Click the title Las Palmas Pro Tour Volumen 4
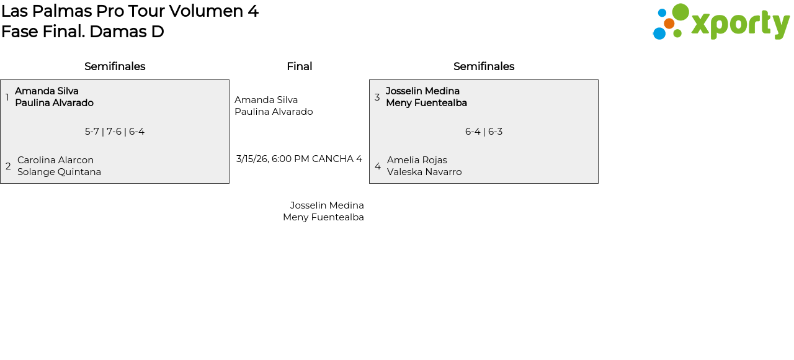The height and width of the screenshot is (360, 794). tap(130, 11)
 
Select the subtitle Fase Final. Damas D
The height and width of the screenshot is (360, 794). tap(83, 32)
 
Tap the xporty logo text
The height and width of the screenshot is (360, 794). tap(739, 24)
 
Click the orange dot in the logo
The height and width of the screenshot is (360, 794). tap(669, 24)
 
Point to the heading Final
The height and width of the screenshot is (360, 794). tap(299, 66)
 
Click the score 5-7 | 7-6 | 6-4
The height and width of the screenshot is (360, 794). tap(115, 132)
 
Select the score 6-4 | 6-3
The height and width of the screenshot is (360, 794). tap(484, 132)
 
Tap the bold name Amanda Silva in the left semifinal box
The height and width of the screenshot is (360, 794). tap(47, 91)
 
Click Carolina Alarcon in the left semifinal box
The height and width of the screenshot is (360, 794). tap(55, 160)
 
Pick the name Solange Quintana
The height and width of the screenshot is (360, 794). tap(59, 172)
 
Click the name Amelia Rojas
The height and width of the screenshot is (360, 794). tap(417, 160)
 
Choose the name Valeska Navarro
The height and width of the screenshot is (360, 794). tap(424, 172)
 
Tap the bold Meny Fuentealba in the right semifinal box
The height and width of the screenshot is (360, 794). tap(426, 103)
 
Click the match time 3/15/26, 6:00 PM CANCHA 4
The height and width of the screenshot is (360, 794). tap(299, 159)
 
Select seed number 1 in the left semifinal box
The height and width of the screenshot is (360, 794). tap(7, 97)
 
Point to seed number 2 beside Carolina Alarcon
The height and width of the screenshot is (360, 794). tap(8, 166)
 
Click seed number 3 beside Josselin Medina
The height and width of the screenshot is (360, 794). tap(377, 97)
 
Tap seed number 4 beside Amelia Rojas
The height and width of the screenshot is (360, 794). tap(378, 166)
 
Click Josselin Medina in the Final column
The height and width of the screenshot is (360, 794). tap(327, 205)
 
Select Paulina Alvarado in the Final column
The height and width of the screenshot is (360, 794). tap(274, 112)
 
